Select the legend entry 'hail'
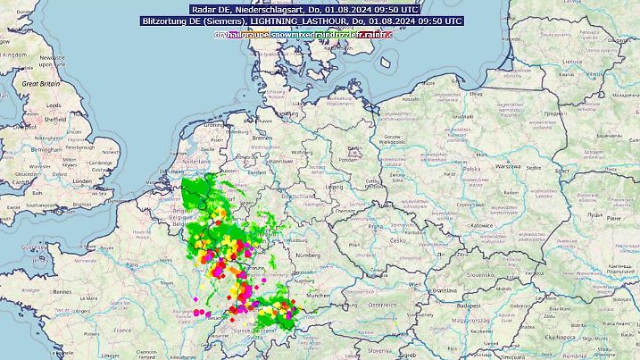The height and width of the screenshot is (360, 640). click(234, 34)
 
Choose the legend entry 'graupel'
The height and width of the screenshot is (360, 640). click(254, 34)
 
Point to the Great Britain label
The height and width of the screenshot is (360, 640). click(40, 82)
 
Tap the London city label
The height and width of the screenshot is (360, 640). click(82, 180)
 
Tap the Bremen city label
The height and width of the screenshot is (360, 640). click(262, 140)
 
